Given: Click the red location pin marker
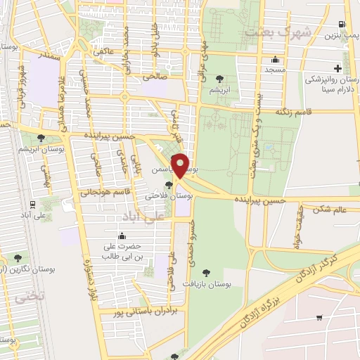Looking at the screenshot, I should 181,166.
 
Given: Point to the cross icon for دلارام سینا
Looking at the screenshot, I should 338,68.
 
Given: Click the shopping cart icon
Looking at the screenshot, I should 319,317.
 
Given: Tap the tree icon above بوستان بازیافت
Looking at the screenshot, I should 206,273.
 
